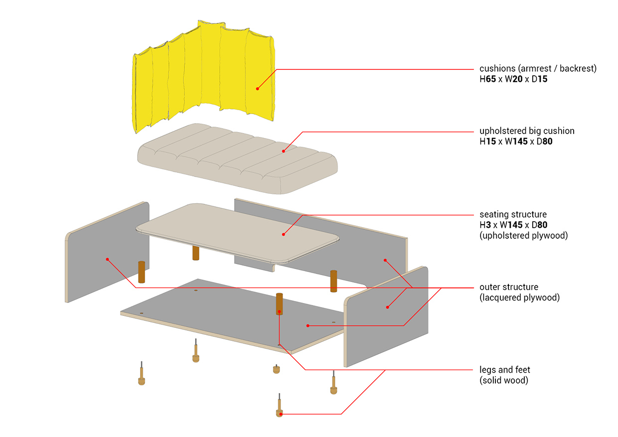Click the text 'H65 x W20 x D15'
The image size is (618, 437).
(513, 79)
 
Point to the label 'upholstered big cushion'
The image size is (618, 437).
(527, 131)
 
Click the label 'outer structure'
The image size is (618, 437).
(509, 287)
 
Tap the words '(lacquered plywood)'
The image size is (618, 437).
(520, 297)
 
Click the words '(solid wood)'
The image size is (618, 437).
(504, 380)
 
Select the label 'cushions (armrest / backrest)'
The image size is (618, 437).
(538, 68)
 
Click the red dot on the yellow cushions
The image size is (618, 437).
(258, 89)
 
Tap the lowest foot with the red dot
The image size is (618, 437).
(280, 413)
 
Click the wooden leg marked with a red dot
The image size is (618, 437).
(279, 304)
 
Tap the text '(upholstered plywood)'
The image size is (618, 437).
(523, 235)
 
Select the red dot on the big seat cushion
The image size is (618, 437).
(283, 151)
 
